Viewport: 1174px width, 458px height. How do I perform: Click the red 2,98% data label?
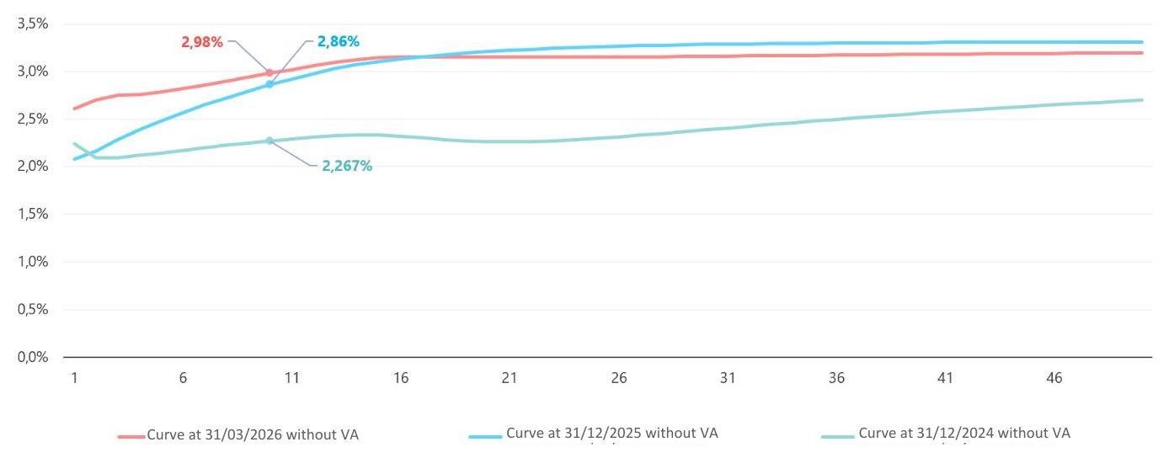pos(202,42)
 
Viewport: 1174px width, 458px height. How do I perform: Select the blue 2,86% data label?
pos(338,40)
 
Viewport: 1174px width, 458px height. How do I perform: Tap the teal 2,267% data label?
pos(346,166)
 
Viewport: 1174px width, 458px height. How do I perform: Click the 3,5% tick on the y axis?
pos(32,24)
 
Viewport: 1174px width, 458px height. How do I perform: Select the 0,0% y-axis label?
pos(32,356)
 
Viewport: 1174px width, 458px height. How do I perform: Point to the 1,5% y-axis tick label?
pos(32,214)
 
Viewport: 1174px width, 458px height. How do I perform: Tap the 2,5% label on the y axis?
pos(32,119)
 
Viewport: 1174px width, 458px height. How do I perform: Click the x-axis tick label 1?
pos(74,379)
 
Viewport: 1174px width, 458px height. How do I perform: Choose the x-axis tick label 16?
pos(401,379)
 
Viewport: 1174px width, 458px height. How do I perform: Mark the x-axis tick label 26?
pos(619,379)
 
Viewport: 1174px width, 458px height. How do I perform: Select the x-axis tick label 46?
pos(1054,379)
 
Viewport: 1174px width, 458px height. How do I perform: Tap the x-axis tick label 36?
pos(836,379)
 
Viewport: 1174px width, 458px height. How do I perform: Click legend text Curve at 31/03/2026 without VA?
pos(258,435)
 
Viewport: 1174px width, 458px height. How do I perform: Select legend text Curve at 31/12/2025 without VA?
pos(611,434)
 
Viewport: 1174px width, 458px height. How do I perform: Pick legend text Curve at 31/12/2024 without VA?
pos(964,434)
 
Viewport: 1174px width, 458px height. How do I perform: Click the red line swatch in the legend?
pos(131,436)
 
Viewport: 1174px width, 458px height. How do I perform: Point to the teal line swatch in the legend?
pos(837,436)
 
